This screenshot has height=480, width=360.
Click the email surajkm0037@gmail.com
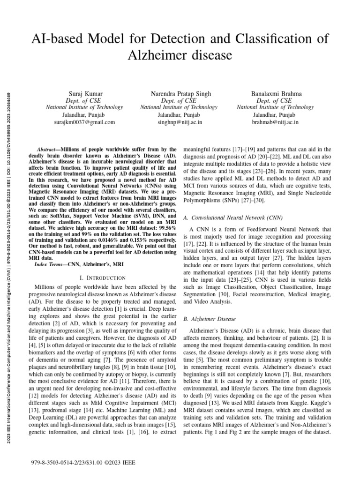point(84,122)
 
